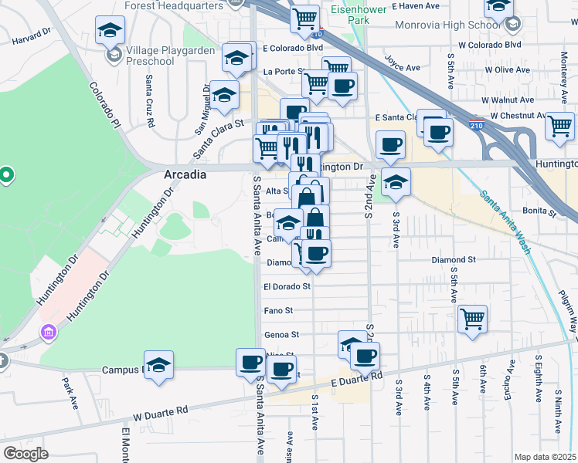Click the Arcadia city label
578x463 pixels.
185,174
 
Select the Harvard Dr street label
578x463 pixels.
30,35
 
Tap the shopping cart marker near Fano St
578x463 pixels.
472,317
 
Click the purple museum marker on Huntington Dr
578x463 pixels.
49,333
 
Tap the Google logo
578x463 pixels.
25,454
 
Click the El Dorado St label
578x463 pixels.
287,286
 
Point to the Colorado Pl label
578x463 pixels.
105,106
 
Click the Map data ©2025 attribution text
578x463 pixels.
546,457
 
